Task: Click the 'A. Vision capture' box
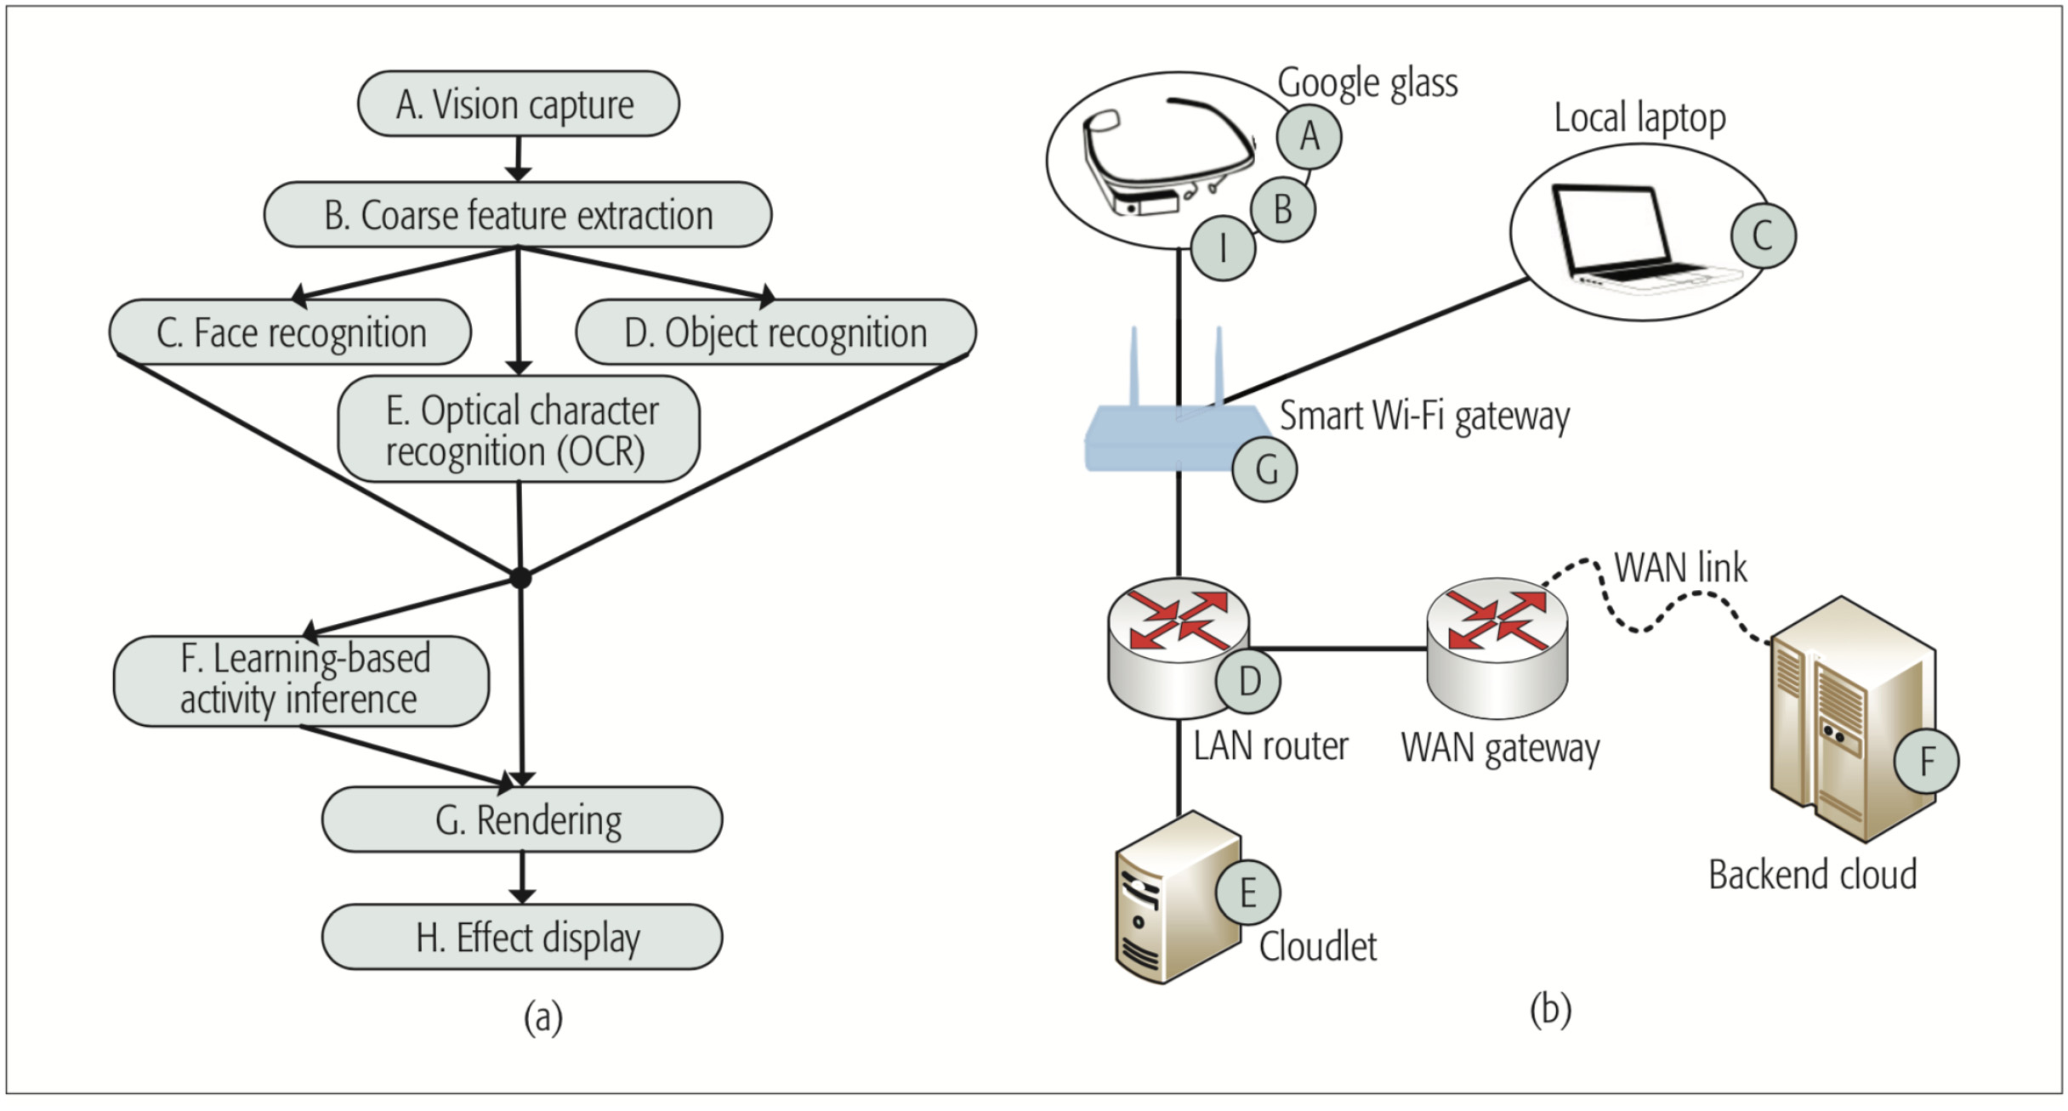(518, 104)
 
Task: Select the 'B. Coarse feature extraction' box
(518, 214)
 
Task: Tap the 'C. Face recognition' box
(290, 332)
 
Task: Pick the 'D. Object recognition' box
(775, 332)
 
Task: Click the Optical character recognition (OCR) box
(519, 429)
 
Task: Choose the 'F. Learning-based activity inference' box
(301, 680)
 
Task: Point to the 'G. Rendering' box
(522, 819)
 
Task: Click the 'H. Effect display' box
(522, 937)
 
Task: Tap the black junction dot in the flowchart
(520, 578)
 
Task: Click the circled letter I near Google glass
(1223, 248)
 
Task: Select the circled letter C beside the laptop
(1763, 235)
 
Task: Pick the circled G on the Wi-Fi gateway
(1265, 469)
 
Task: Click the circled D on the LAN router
(1248, 680)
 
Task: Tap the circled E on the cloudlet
(1247, 893)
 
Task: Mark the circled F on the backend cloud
(1927, 761)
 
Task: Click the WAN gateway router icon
(1497, 646)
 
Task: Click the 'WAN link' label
(1680, 567)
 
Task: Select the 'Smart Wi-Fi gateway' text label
(1424, 416)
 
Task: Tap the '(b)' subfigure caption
(1550, 1010)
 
